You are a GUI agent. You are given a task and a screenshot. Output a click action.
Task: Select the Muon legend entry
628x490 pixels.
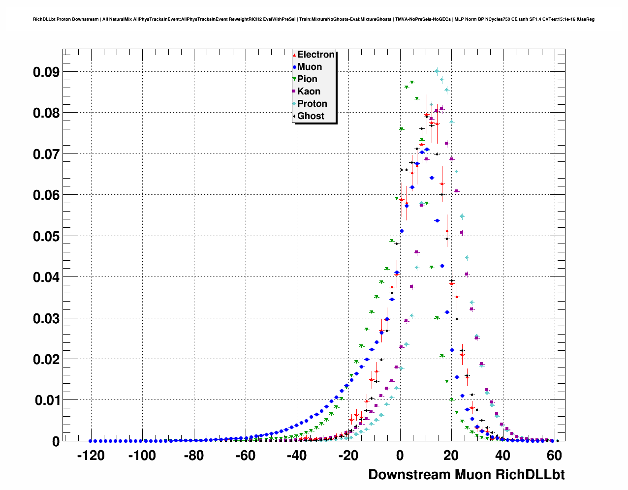pyautogui.click(x=309, y=67)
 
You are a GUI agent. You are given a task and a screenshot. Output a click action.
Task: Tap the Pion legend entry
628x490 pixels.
pyautogui.click(x=307, y=79)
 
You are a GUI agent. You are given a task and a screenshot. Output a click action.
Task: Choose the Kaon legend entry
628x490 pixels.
pyautogui.click(x=308, y=92)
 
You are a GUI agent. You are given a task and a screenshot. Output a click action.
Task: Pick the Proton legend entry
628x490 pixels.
pyautogui.click(x=312, y=104)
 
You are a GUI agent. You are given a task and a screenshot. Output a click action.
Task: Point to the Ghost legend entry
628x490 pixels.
pyautogui.click(x=310, y=116)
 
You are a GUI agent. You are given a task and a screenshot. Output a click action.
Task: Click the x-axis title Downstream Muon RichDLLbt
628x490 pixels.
pyautogui.click(x=466, y=475)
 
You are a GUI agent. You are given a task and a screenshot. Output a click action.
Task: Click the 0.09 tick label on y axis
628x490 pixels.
pyautogui.click(x=46, y=72)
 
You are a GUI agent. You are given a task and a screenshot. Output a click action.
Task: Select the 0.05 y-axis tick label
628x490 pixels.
pyautogui.click(x=46, y=236)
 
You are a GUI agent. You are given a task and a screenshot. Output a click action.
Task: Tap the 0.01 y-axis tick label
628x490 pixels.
pyautogui.click(x=46, y=400)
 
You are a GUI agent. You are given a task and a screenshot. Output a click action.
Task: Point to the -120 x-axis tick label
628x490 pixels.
pyautogui.click(x=91, y=456)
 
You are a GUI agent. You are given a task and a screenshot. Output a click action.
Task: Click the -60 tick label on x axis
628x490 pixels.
pyautogui.click(x=245, y=456)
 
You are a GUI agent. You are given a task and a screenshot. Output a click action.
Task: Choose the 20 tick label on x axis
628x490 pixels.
pyautogui.click(x=451, y=456)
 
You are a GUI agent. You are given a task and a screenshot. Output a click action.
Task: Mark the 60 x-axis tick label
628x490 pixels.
pyautogui.click(x=554, y=456)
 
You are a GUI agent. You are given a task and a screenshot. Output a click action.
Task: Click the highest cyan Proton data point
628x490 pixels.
pyautogui.click(x=437, y=71)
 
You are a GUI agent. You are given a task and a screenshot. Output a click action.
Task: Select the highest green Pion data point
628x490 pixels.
pyautogui.click(x=412, y=82)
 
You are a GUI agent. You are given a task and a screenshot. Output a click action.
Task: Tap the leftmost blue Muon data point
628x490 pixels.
pyautogui.click(x=90, y=441)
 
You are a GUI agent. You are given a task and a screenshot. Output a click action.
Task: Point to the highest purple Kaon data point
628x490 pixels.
pyautogui.click(x=441, y=109)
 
